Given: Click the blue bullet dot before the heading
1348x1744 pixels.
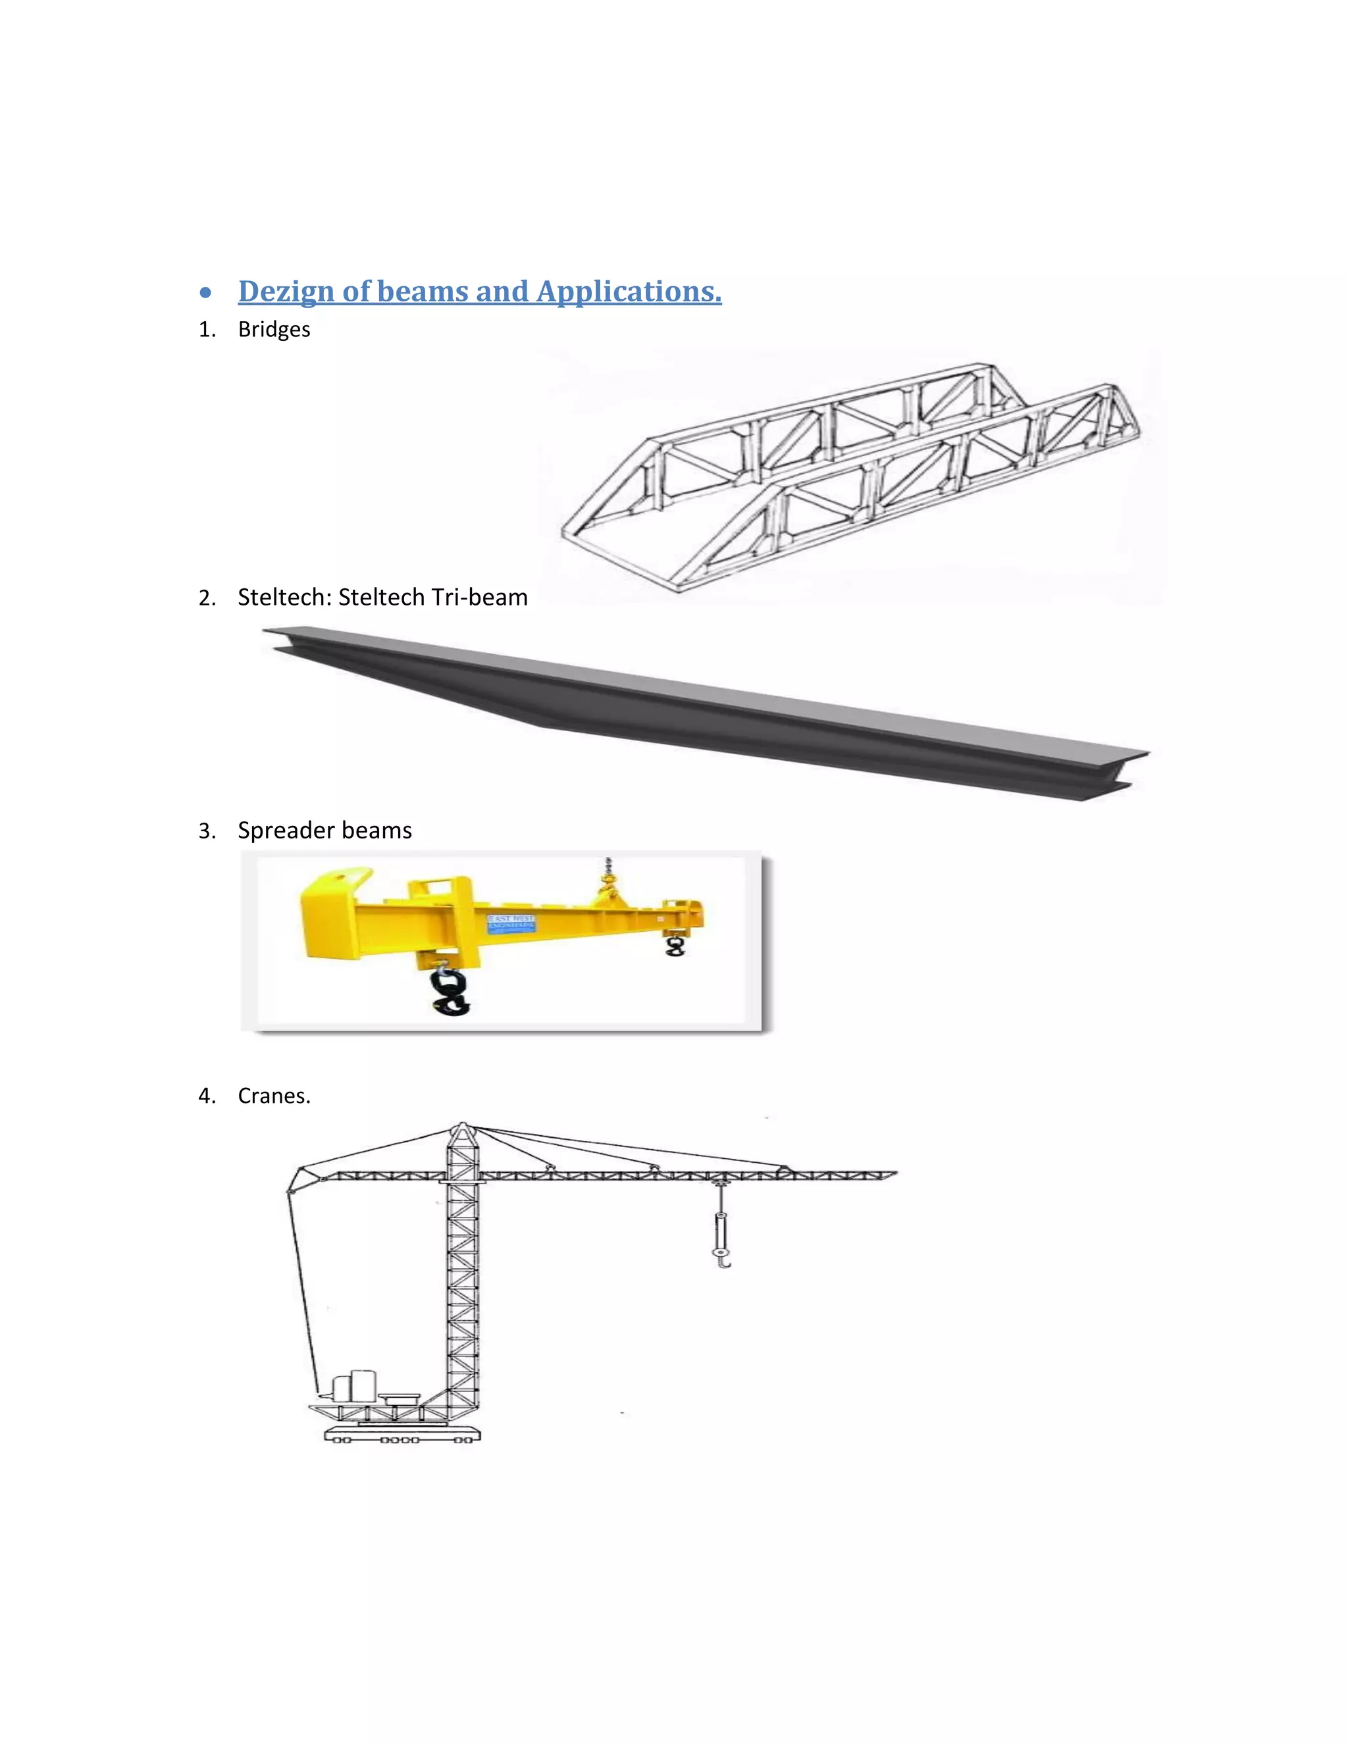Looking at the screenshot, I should (x=206, y=293).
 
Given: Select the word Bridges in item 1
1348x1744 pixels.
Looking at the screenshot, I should (x=274, y=330).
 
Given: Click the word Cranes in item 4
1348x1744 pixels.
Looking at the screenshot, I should (x=272, y=1096).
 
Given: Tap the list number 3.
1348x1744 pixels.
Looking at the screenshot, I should (x=206, y=831).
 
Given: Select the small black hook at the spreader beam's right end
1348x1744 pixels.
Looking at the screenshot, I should (x=675, y=947).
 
